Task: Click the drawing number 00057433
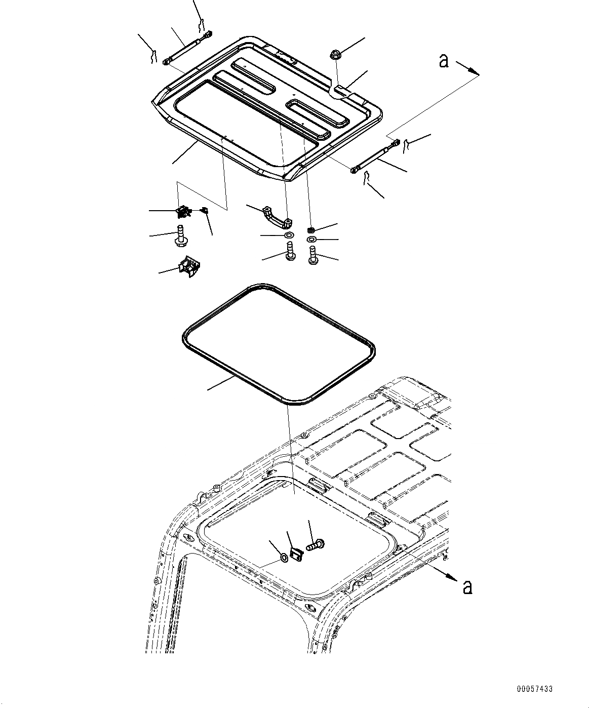pos(535,689)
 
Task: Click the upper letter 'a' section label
pos(444,61)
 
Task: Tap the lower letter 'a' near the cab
pos(467,587)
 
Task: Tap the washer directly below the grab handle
pos(289,236)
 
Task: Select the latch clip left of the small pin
pos(183,211)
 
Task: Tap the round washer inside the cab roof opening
pos(284,559)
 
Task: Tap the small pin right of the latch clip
pos(205,210)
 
